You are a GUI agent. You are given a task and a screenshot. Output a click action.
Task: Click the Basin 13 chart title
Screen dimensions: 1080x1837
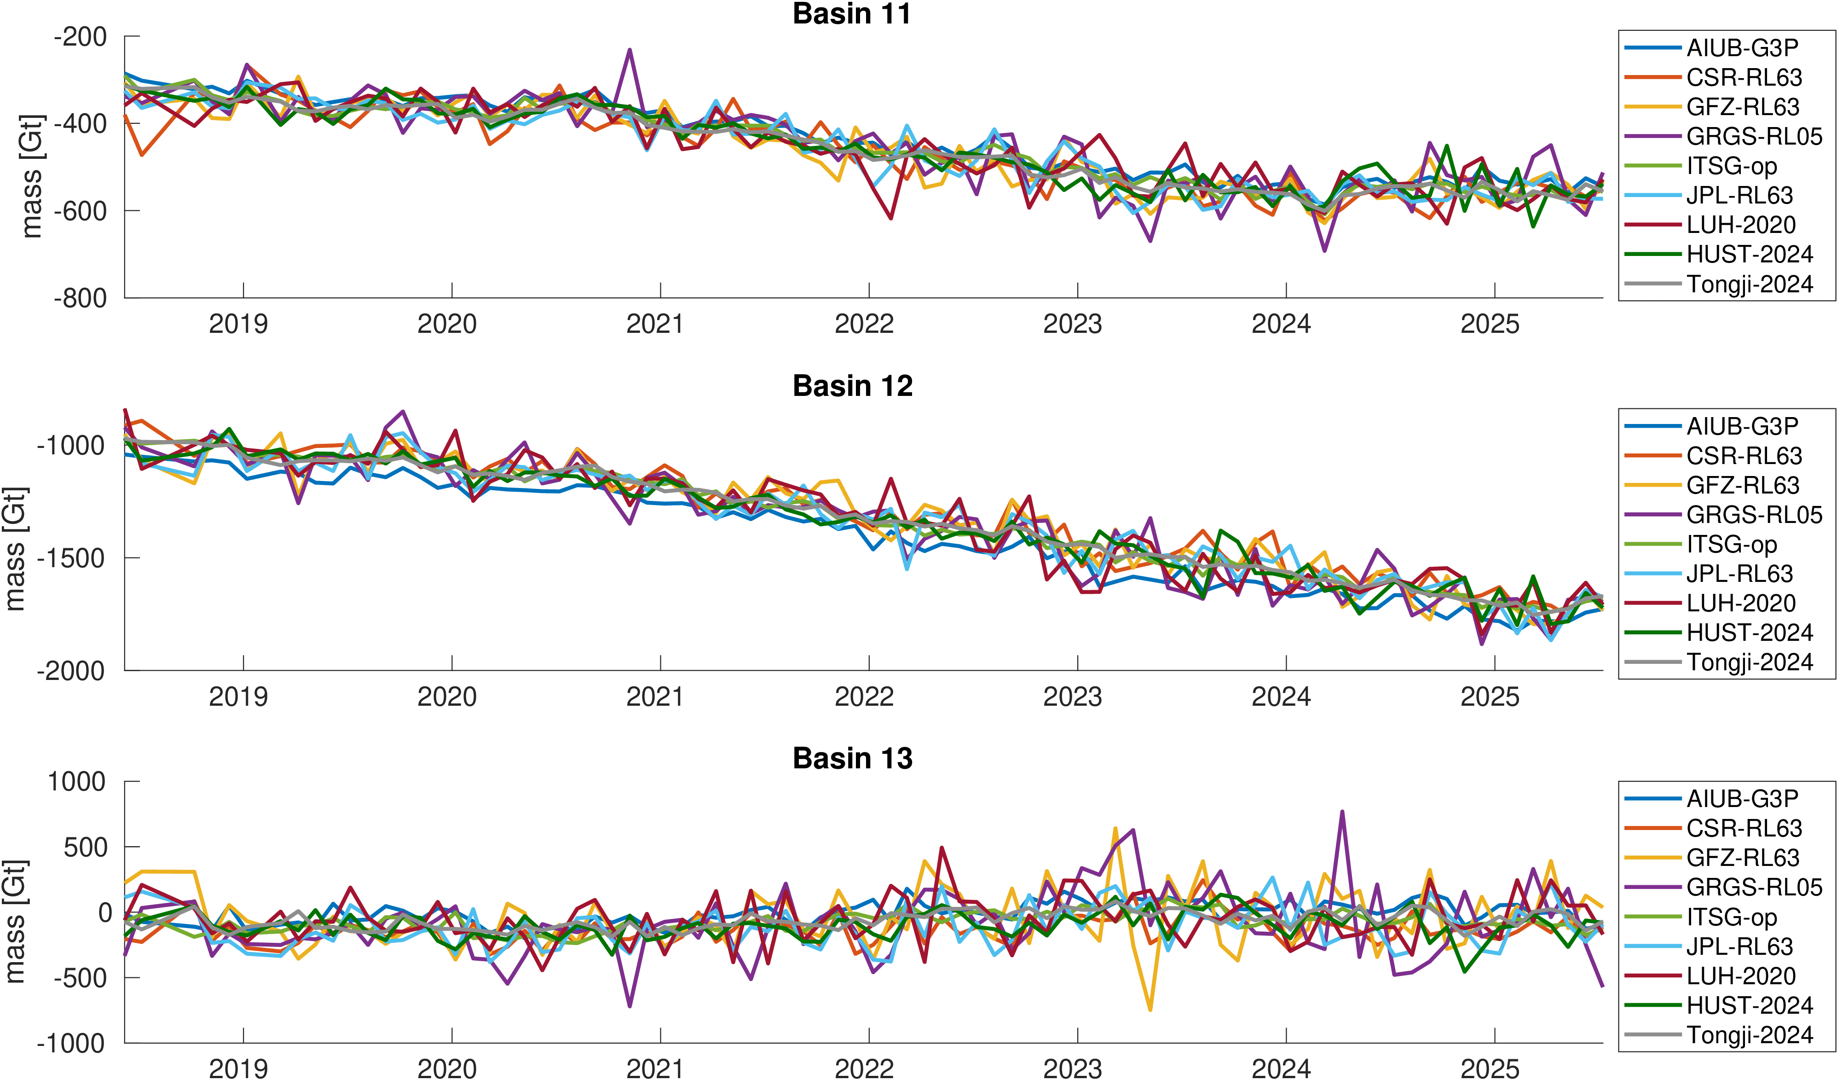852,758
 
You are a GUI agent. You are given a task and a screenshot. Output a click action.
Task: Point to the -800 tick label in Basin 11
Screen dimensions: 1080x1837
80,298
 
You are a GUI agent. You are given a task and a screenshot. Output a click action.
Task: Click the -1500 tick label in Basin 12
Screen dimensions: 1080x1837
71,558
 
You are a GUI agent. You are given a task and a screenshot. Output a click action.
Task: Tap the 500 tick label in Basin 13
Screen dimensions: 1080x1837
87,848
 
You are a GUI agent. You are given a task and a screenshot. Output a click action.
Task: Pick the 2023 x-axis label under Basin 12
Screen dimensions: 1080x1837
1072,697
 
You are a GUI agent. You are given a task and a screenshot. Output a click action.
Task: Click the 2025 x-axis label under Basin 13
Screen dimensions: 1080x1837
1489,1068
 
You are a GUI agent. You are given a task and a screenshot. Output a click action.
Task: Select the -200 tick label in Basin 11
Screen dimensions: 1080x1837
80,36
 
